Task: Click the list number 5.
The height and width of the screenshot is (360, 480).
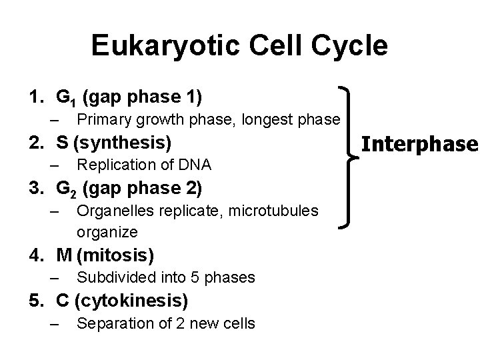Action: point(33,301)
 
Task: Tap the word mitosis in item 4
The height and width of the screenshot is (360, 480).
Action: point(126,255)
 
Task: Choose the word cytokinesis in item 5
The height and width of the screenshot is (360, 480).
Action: point(132,301)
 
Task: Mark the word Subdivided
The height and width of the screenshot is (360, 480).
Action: point(113,277)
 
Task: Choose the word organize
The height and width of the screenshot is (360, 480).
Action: point(107,232)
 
